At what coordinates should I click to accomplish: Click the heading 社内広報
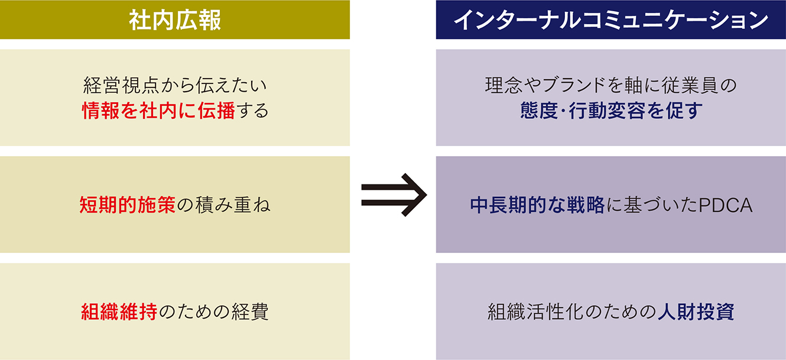pos(175,20)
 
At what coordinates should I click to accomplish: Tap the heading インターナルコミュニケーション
pos(610,20)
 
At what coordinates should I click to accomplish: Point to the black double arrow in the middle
pos(394,194)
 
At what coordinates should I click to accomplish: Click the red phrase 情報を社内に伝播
pos(158,111)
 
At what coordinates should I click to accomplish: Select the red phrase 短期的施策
pos(128,205)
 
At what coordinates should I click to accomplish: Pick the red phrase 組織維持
pos(119,312)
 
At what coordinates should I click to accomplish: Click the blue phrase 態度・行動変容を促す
pos(611,111)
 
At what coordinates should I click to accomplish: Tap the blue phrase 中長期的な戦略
pos(538,205)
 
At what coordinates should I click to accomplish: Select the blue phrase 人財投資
pos(696,312)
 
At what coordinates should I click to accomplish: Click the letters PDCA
pos(726,206)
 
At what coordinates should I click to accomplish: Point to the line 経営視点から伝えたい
pos(175,85)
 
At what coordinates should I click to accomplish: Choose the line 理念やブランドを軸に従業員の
pos(611,85)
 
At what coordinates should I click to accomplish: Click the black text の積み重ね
pos(223,205)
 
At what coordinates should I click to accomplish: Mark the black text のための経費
pos(213,312)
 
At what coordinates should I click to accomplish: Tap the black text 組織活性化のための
pos(572,312)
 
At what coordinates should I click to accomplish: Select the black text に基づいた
pos(652,205)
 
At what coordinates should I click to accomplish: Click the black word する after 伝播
pos(253,111)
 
